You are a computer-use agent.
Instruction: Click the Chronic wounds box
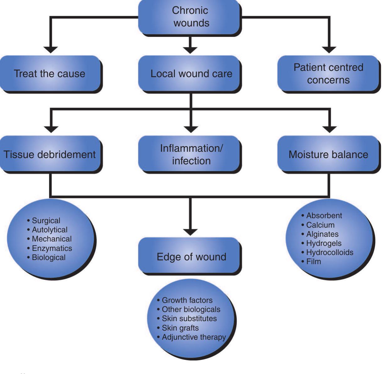tap(190, 17)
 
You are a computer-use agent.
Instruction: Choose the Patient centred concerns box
tap(328, 74)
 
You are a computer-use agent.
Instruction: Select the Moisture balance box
tap(328, 154)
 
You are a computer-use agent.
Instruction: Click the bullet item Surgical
tap(46, 220)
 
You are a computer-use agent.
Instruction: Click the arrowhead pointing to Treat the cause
tap(51, 49)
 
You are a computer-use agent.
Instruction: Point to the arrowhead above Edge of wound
tap(190, 231)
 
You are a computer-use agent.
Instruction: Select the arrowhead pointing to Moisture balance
tap(329, 129)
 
